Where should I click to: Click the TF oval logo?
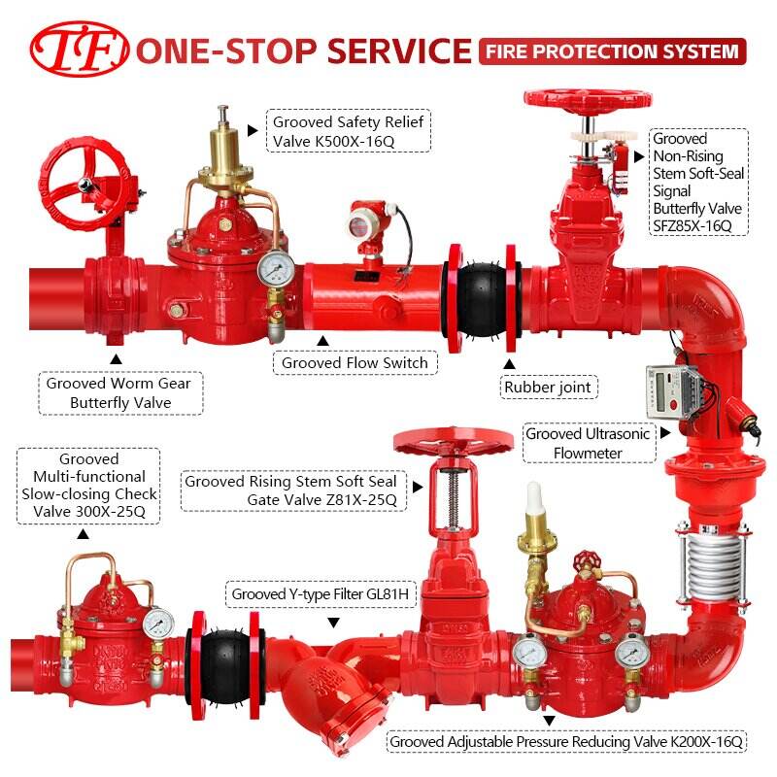80,50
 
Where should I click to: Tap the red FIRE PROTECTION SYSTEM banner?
613,51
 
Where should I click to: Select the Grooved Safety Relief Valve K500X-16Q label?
349,131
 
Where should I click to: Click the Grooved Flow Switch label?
355,362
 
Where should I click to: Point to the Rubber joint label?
548,387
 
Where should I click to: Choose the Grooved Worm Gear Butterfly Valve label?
120,393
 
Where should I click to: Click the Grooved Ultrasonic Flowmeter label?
589,443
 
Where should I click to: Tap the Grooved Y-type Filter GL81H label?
321,593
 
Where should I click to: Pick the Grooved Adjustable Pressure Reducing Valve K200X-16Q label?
566,742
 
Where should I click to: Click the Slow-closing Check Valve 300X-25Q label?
88,486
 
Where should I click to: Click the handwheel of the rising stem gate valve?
453,442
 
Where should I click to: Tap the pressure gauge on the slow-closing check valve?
158,623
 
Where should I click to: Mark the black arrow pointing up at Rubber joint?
509,363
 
